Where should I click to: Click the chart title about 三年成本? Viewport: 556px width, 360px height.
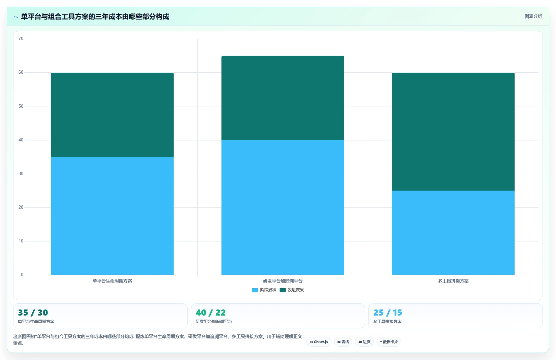coord(95,17)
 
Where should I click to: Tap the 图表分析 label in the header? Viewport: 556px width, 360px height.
coord(533,17)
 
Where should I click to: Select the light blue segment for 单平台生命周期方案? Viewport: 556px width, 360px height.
coord(112,216)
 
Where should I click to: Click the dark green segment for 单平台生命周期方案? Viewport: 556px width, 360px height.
coord(112,115)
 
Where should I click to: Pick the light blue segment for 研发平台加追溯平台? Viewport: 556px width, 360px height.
coord(283,207)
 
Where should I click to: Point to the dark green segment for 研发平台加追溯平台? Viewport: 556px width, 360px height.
coord(283,98)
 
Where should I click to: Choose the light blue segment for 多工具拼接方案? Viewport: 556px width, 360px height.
coord(453,233)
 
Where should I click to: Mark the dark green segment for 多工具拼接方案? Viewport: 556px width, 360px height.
coord(453,132)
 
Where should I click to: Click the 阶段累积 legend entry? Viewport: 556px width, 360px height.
coord(264,290)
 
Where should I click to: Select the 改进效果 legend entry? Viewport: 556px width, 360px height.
coord(292,290)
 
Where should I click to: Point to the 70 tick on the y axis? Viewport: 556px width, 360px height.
coord(21,38)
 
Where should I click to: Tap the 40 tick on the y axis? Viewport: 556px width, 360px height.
coord(21,140)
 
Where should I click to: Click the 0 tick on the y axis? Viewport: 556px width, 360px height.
coord(22,274)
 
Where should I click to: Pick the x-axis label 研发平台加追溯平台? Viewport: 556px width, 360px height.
coord(283,281)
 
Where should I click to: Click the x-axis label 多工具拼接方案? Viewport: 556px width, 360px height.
coord(453,281)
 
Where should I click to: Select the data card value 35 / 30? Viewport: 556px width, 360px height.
coord(33,313)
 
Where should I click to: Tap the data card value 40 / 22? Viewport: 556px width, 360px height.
coord(210,313)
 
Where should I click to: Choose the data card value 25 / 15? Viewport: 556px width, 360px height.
coord(388,313)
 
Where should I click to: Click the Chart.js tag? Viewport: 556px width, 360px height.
coord(319,342)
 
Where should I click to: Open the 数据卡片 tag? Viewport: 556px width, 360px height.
coord(389,342)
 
